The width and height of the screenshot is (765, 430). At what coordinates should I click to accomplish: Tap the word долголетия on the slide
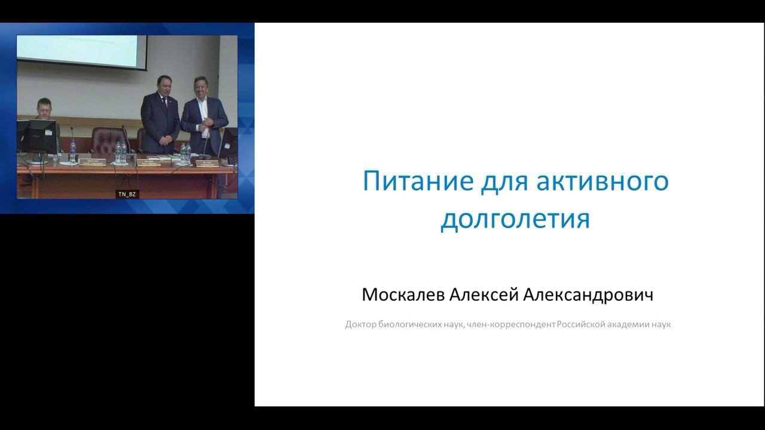[x=515, y=219]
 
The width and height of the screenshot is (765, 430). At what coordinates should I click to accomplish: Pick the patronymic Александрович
[x=588, y=294]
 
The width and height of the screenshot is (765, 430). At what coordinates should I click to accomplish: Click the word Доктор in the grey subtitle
[x=360, y=325]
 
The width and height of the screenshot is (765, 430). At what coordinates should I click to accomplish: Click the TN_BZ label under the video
[x=127, y=194]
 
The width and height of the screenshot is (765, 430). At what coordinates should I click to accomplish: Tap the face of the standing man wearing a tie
[x=163, y=85]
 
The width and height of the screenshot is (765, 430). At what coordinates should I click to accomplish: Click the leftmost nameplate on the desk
[x=92, y=161]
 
